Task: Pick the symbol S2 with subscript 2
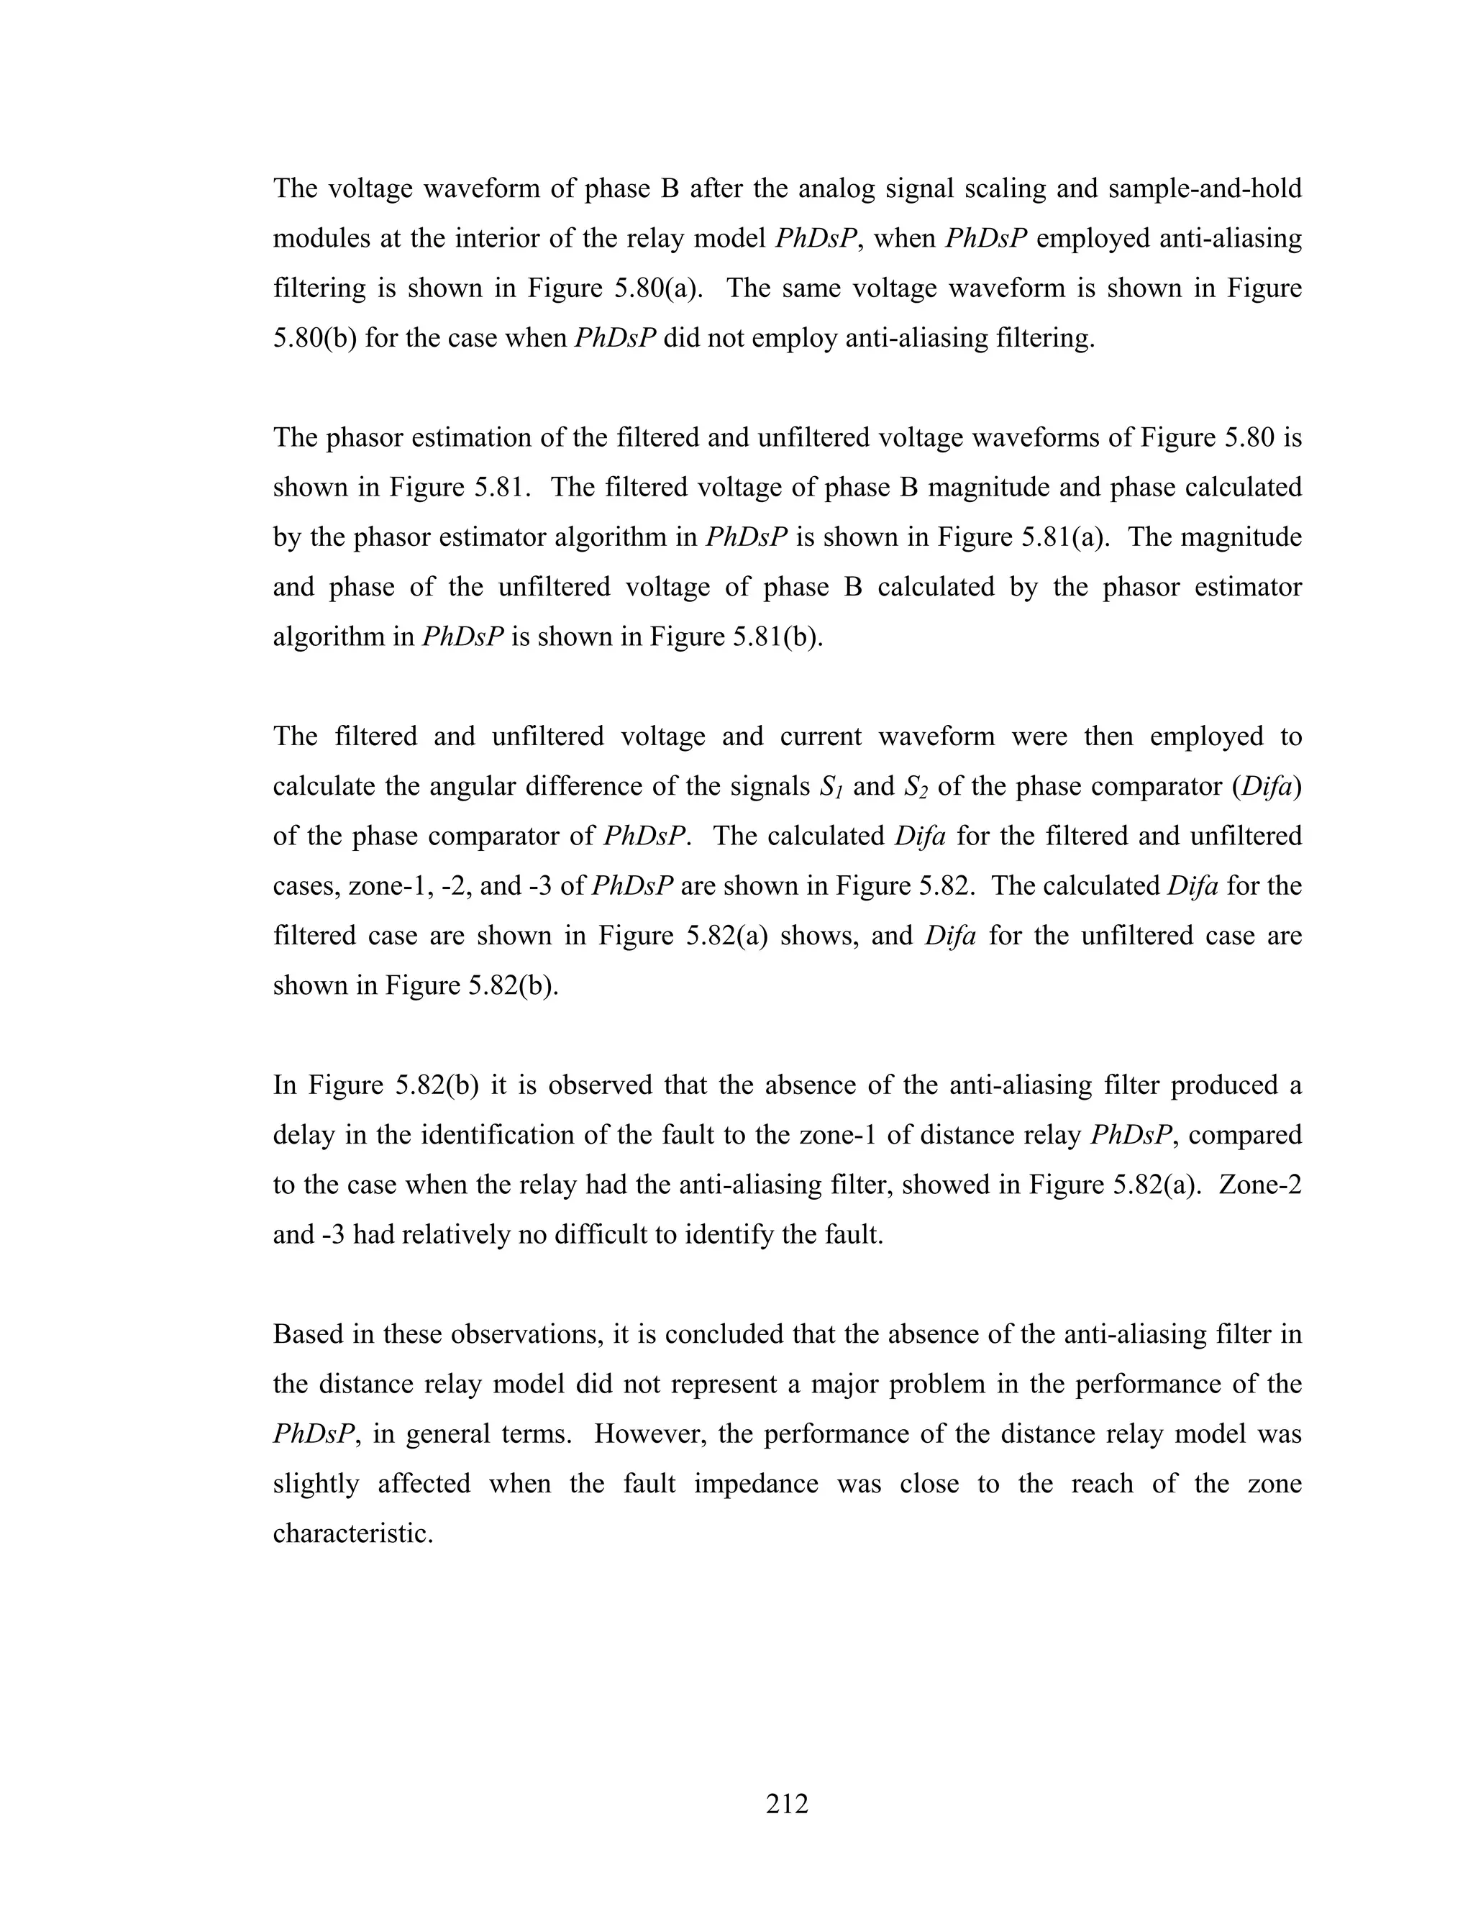pos(917,787)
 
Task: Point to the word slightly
pos(316,1484)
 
